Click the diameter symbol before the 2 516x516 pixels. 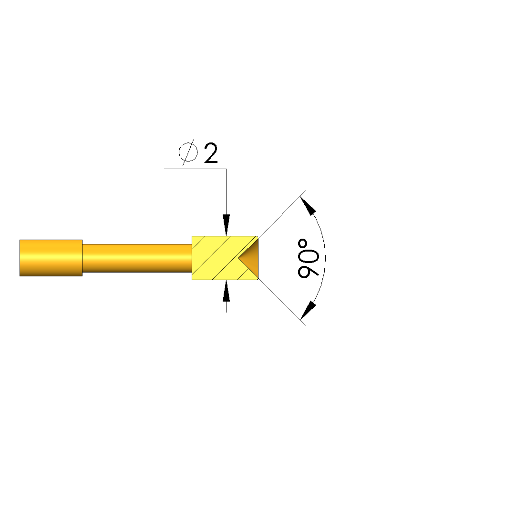[188, 152]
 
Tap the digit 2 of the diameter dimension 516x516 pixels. [211, 153]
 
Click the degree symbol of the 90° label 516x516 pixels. [302, 244]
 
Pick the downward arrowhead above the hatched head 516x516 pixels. [226, 225]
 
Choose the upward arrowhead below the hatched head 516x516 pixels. [226, 291]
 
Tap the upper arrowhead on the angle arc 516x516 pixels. [308, 206]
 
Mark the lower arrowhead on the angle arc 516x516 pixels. [308, 310]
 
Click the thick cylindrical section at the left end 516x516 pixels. [51, 258]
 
